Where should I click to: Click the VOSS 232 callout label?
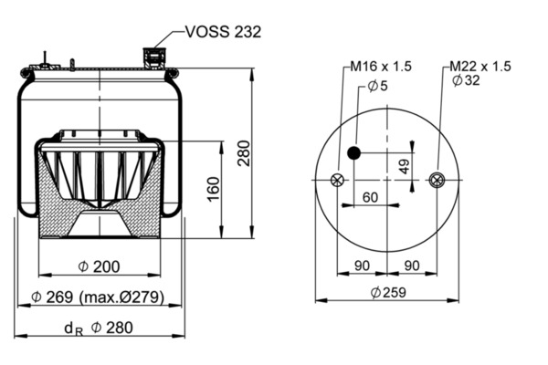[223, 32]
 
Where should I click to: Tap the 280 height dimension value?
[244, 153]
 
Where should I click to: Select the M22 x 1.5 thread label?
[479, 67]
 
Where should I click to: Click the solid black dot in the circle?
[354, 152]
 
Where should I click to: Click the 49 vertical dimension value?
[404, 166]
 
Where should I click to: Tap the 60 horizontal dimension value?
[370, 196]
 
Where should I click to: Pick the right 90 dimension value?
[413, 266]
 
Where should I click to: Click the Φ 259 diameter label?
[388, 293]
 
